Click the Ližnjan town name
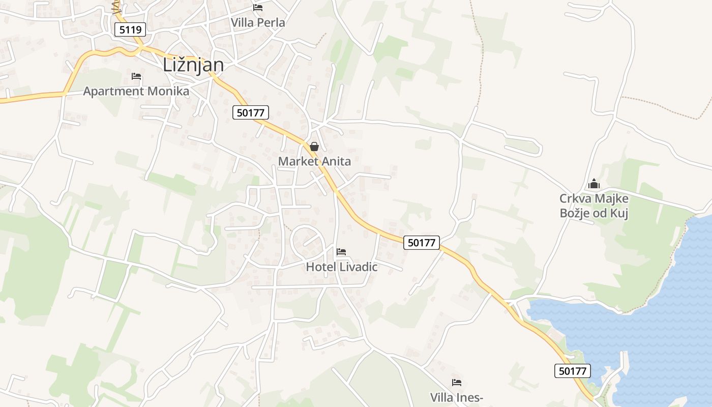(193, 65)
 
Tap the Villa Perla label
(258, 23)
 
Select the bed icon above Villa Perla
(258, 8)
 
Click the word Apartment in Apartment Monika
(113, 92)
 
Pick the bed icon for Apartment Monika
(136, 76)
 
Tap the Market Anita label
(314, 162)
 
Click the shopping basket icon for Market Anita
(314, 147)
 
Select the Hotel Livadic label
(342, 267)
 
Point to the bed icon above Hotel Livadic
(341, 252)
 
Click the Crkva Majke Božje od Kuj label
(594, 206)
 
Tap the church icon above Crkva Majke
(594, 184)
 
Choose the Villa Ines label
(457, 397)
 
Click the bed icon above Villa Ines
(457, 383)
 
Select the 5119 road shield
(130, 30)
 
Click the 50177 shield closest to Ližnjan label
(250, 112)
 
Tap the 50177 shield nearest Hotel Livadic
(422, 243)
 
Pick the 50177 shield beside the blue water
(572, 371)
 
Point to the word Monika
(168, 92)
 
